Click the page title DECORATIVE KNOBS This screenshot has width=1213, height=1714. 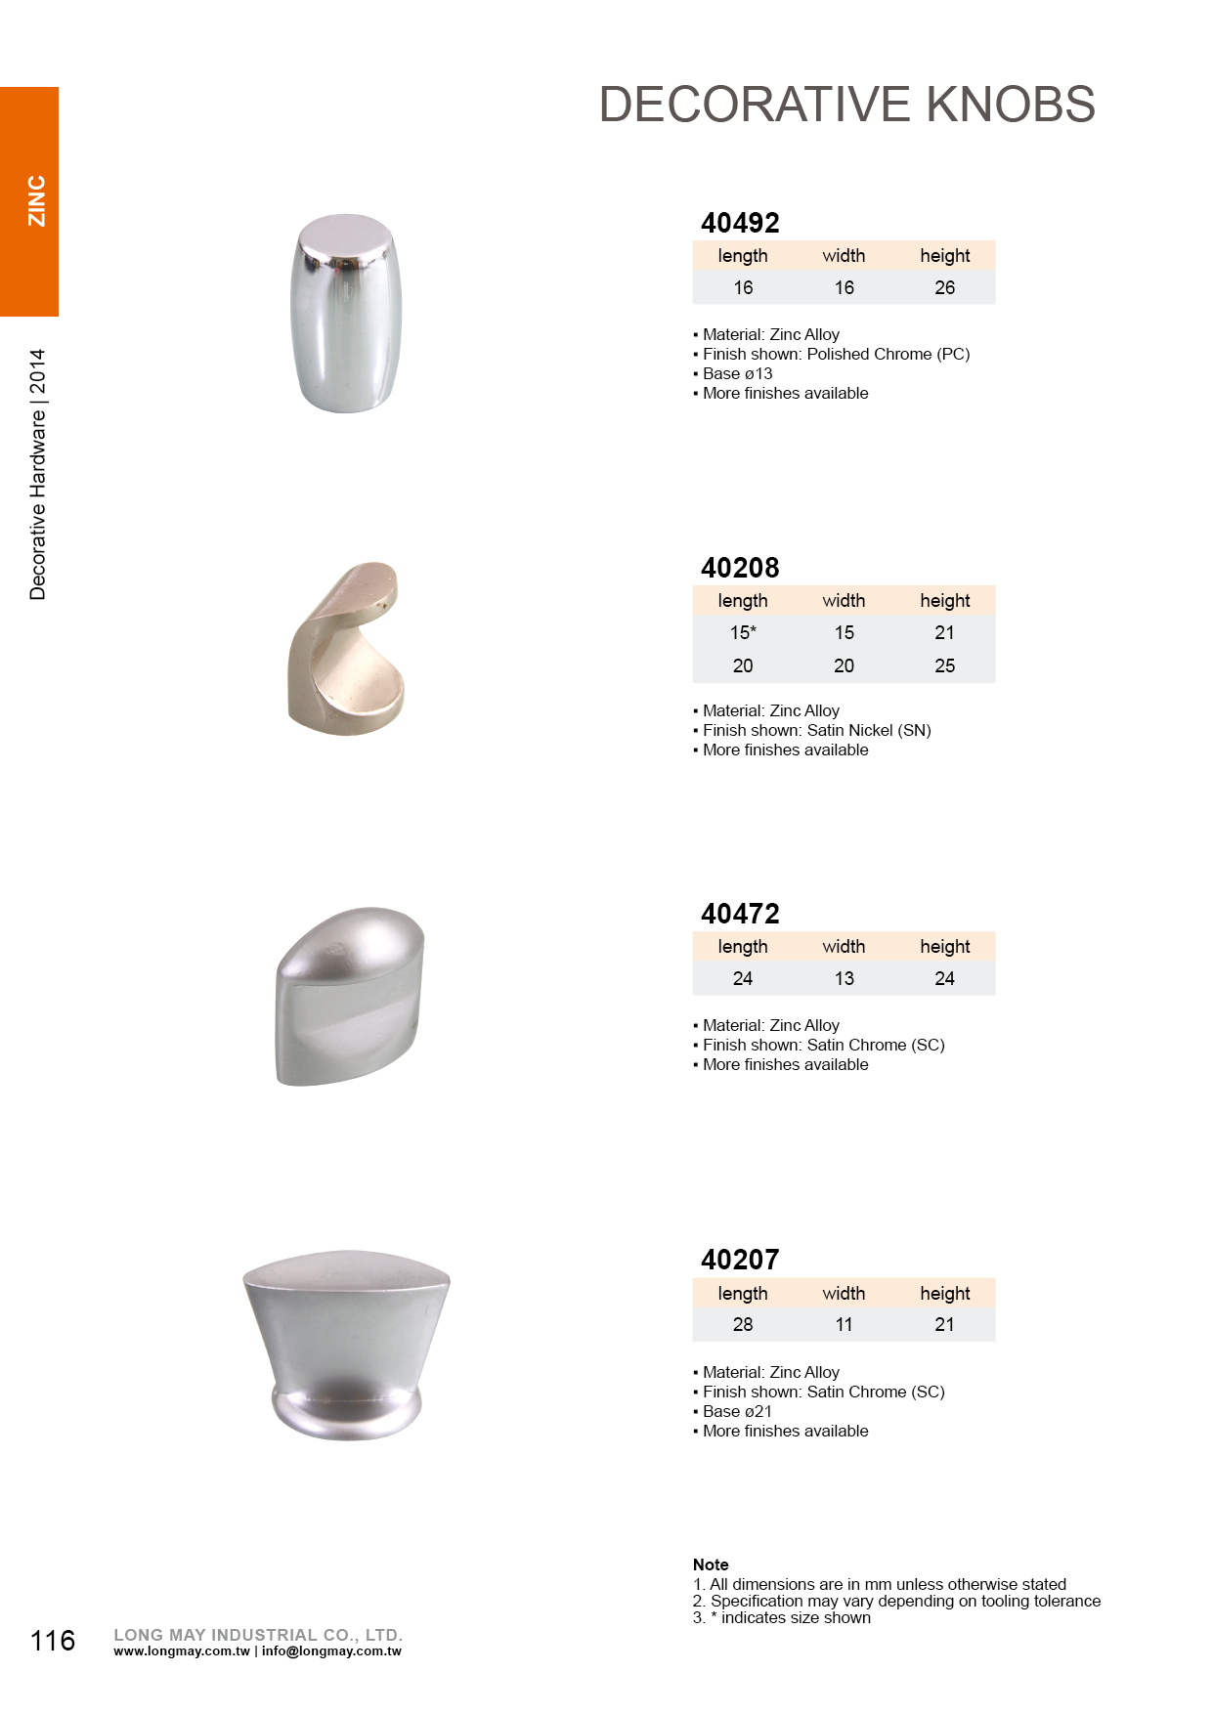coord(846,105)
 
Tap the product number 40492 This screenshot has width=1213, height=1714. coord(740,223)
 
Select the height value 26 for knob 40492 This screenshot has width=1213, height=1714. coord(944,287)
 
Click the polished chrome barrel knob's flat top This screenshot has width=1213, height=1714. coord(345,236)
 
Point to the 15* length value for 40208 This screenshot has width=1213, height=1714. coord(743,632)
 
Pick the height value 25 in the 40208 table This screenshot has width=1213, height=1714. coord(944,665)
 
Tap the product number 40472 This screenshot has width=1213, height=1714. coord(740,914)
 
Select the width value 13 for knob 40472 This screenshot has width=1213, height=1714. coord(844,978)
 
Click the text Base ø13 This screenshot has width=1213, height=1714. coord(737,373)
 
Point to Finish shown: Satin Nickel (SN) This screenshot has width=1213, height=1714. coord(816,730)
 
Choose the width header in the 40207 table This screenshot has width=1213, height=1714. coord(844,1293)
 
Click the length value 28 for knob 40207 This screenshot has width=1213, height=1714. coord(743,1324)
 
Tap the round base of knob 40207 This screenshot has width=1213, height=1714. coord(346,1412)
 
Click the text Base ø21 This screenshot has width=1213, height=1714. coord(737,1411)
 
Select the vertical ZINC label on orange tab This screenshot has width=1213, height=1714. coord(36,201)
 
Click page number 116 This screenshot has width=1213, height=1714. coord(53,1640)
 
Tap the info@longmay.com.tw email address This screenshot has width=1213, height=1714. coord(331,1651)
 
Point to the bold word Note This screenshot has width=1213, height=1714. coord(711,1564)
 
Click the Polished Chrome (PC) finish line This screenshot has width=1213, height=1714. coord(836,354)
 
